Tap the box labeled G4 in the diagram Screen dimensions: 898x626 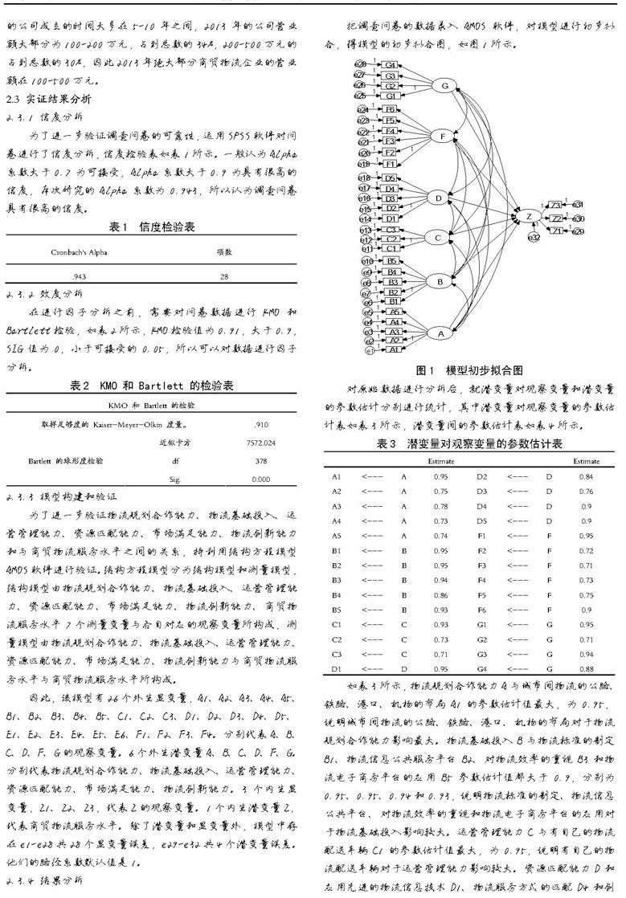coord(390,64)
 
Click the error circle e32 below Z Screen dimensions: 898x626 coord(532,238)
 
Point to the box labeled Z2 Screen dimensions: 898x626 coord(557,218)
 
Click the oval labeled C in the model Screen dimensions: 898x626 coord(438,238)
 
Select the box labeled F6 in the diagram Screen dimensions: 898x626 coord(390,109)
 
